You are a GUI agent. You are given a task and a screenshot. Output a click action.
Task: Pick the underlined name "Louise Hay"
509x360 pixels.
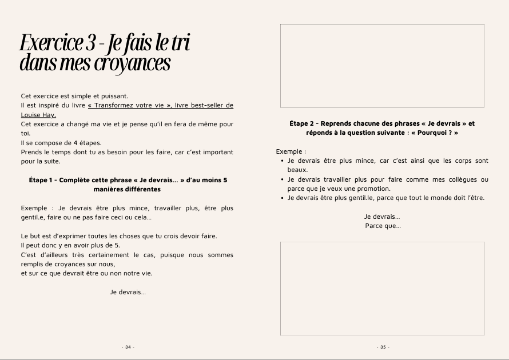38,114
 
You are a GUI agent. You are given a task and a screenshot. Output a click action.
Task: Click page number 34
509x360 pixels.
128,347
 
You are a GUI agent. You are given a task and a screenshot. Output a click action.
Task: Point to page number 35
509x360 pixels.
383,347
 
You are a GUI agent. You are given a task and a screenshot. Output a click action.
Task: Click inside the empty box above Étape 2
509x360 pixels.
382,66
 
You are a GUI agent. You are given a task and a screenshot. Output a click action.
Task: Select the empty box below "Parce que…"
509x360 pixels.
382,288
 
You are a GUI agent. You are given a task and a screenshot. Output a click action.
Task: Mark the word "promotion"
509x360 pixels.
371,189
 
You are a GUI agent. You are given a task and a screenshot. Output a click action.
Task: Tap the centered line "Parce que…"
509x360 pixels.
383,226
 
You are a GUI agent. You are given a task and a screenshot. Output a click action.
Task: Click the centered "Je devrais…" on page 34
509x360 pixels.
128,292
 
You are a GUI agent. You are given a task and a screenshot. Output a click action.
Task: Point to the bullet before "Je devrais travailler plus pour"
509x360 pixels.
283,179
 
